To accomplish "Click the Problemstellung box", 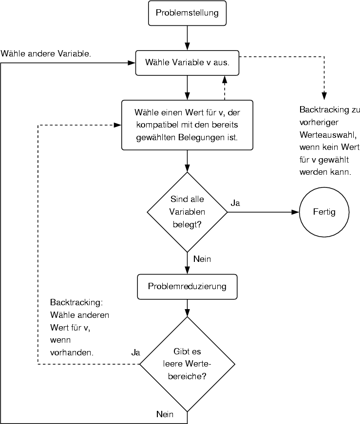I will (x=187, y=13).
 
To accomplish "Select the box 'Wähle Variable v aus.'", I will (x=187, y=63).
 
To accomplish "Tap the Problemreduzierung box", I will (x=187, y=286).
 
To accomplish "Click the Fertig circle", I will (x=324, y=212).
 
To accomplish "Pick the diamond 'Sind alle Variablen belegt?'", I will (x=187, y=212).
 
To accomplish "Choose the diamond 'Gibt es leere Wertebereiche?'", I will (x=187, y=364).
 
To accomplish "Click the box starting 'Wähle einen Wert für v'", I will (x=187, y=125).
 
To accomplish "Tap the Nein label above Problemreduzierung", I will (x=202, y=259).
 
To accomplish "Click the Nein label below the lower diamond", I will (x=165, y=414).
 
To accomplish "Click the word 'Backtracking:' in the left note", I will (x=76, y=303).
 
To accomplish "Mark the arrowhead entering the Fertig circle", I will (x=295, y=212).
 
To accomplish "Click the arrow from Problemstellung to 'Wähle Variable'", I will (x=187, y=37).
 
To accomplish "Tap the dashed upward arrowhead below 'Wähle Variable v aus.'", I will (x=224, y=79).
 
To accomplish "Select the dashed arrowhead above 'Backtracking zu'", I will (x=324, y=96).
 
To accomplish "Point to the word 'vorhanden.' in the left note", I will (x=72, y=352).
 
